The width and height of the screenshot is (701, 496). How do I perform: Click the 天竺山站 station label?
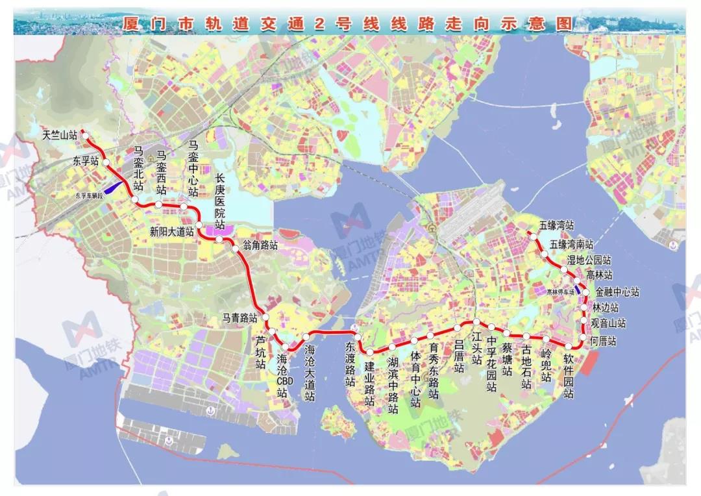59,136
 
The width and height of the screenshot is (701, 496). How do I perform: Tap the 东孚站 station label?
86,161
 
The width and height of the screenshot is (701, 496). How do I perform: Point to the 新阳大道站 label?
172,232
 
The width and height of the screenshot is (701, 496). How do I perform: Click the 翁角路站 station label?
260,246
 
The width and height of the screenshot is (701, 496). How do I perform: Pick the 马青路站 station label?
240,318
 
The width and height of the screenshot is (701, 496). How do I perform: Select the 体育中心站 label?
415,380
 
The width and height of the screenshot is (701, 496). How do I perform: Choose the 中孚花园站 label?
491,364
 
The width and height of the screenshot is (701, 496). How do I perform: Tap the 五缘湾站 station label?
556,226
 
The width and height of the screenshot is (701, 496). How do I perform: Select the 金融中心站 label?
617,292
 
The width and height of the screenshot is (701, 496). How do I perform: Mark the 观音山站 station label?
609,323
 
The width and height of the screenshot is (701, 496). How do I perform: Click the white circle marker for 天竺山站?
84,136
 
